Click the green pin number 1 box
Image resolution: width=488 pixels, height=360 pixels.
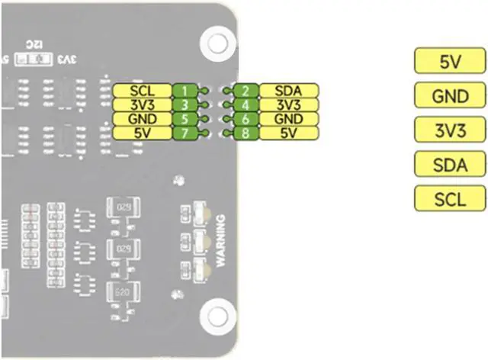pos(185,91)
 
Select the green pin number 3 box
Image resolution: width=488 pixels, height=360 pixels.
pos(185,104)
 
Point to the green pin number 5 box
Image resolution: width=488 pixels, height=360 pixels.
pos(185,119)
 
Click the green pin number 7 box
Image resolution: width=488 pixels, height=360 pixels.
pos(185,133)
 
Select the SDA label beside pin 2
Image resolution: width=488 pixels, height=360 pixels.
pos(288,91)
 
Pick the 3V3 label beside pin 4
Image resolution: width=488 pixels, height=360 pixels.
pos(288,104)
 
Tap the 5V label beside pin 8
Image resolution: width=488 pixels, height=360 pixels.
pos(288,133)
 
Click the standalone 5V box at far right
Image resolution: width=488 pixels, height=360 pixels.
pos(449,63)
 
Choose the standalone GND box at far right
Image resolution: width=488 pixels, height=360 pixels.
pos(449,96)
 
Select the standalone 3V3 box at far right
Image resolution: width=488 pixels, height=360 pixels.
pos(449,130)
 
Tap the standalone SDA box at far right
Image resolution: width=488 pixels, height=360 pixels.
pos(449,164)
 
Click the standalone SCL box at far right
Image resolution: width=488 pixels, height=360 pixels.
pos(449,198)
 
